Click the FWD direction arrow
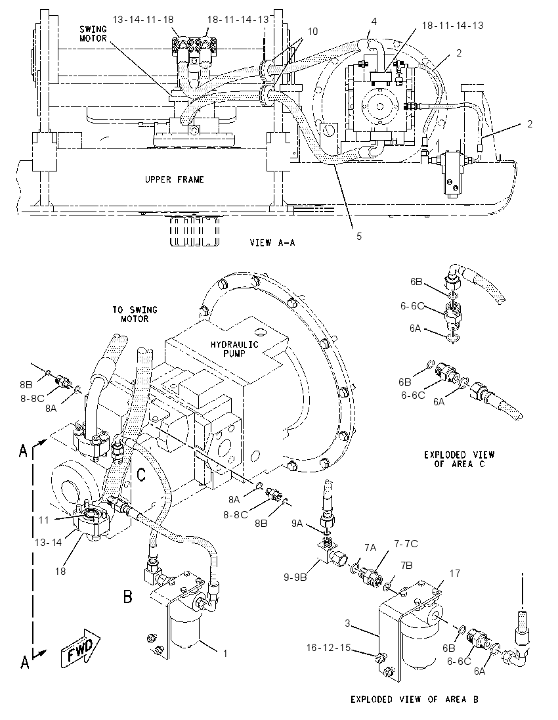coord(81,648)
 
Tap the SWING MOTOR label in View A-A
coord(93,34)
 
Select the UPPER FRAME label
coord(175,179)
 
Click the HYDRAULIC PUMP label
coord(234,349)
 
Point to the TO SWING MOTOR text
coord(135,314)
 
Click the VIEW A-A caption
coord(272,242)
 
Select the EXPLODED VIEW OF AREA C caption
coord(459,459)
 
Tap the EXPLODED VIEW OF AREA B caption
coord(414,700)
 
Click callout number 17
coord(454,573)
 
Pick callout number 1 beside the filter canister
coord(225,653)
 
